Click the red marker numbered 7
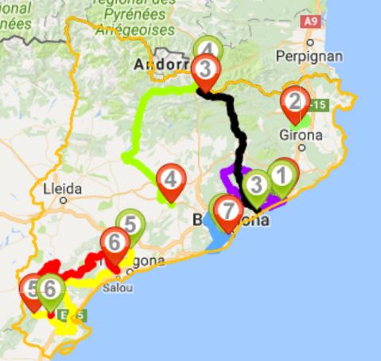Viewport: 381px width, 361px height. (228, 212)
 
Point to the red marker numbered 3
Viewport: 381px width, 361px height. (204, 69)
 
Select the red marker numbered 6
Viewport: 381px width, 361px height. (115, 241)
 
